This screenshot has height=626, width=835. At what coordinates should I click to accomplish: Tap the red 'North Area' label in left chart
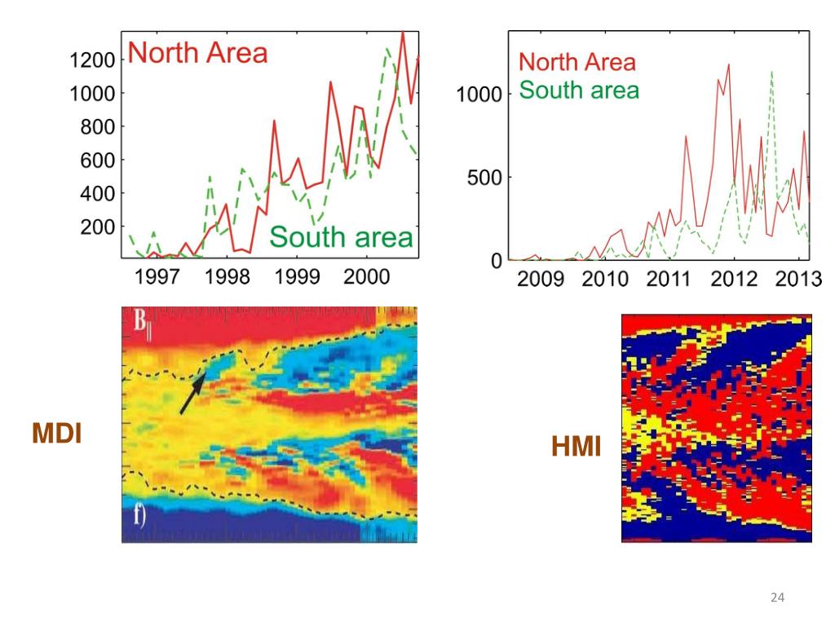pos(198,53)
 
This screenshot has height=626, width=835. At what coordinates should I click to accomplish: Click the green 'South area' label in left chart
pos(341,237)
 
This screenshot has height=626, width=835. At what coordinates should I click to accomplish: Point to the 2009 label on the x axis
pos(541,280)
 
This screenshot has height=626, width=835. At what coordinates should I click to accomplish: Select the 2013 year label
pos(798,280)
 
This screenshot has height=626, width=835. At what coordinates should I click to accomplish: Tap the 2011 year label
pos(669,280)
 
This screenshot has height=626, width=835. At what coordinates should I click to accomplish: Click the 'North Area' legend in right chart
pos(577,62)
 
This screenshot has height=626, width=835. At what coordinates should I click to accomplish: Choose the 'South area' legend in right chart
pos(579,90)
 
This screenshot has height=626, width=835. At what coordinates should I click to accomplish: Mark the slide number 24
pos(777,599)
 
